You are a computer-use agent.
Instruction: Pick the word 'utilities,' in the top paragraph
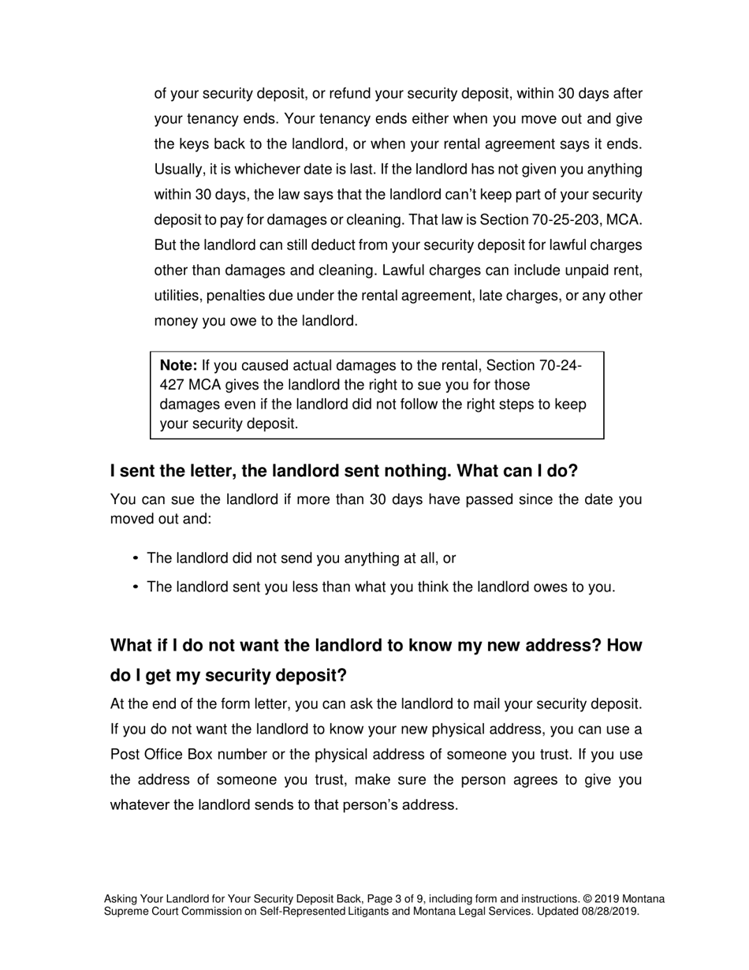[x=177, y=295]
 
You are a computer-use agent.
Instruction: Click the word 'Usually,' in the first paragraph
[x=179, y=169]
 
